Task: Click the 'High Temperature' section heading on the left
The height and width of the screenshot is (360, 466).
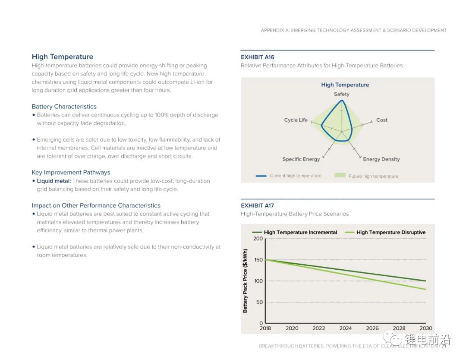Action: pyautogui.click(x=62, y=57)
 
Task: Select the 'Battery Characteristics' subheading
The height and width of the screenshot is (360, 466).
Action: pyautogui.click(x=64, y=107)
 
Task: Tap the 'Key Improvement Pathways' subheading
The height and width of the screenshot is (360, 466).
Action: pyautogui.click(x=71, y=173)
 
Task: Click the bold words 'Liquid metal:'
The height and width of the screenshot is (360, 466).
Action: pyautogui.click(x=54, y=181)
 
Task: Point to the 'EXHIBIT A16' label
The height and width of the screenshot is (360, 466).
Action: pyautogui.click(x=257, y=57)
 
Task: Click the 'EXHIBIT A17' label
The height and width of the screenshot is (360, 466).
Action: pyautogui.click(x=257, y=205)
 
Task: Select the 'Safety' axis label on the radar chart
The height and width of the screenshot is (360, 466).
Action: pyautogui.click(x=342, y=94)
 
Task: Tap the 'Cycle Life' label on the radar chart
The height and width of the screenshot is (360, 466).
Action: pyautogui.click(x=296, y=120)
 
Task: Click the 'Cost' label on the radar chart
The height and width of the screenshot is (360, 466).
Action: pyautogui.click(x=382, y=120)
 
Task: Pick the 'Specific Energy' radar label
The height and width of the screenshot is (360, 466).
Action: pyautogui.click(x=301, y=159)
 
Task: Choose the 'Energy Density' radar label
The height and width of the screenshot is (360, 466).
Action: pyautogui.click(x=381, y=159)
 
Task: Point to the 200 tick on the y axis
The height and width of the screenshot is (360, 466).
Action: pyautogui.click(x=258, y=239)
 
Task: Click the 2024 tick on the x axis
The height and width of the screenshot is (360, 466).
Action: pyautogui.click(x=346, y=328)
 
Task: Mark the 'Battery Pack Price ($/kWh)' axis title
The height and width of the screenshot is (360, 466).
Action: pyautogui.click(x=245, y=281)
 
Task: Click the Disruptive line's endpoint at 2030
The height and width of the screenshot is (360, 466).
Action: pyautogui.click(x=426, y=289)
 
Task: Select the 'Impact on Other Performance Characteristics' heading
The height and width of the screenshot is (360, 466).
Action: pyautogui.click(x=96, y=205)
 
